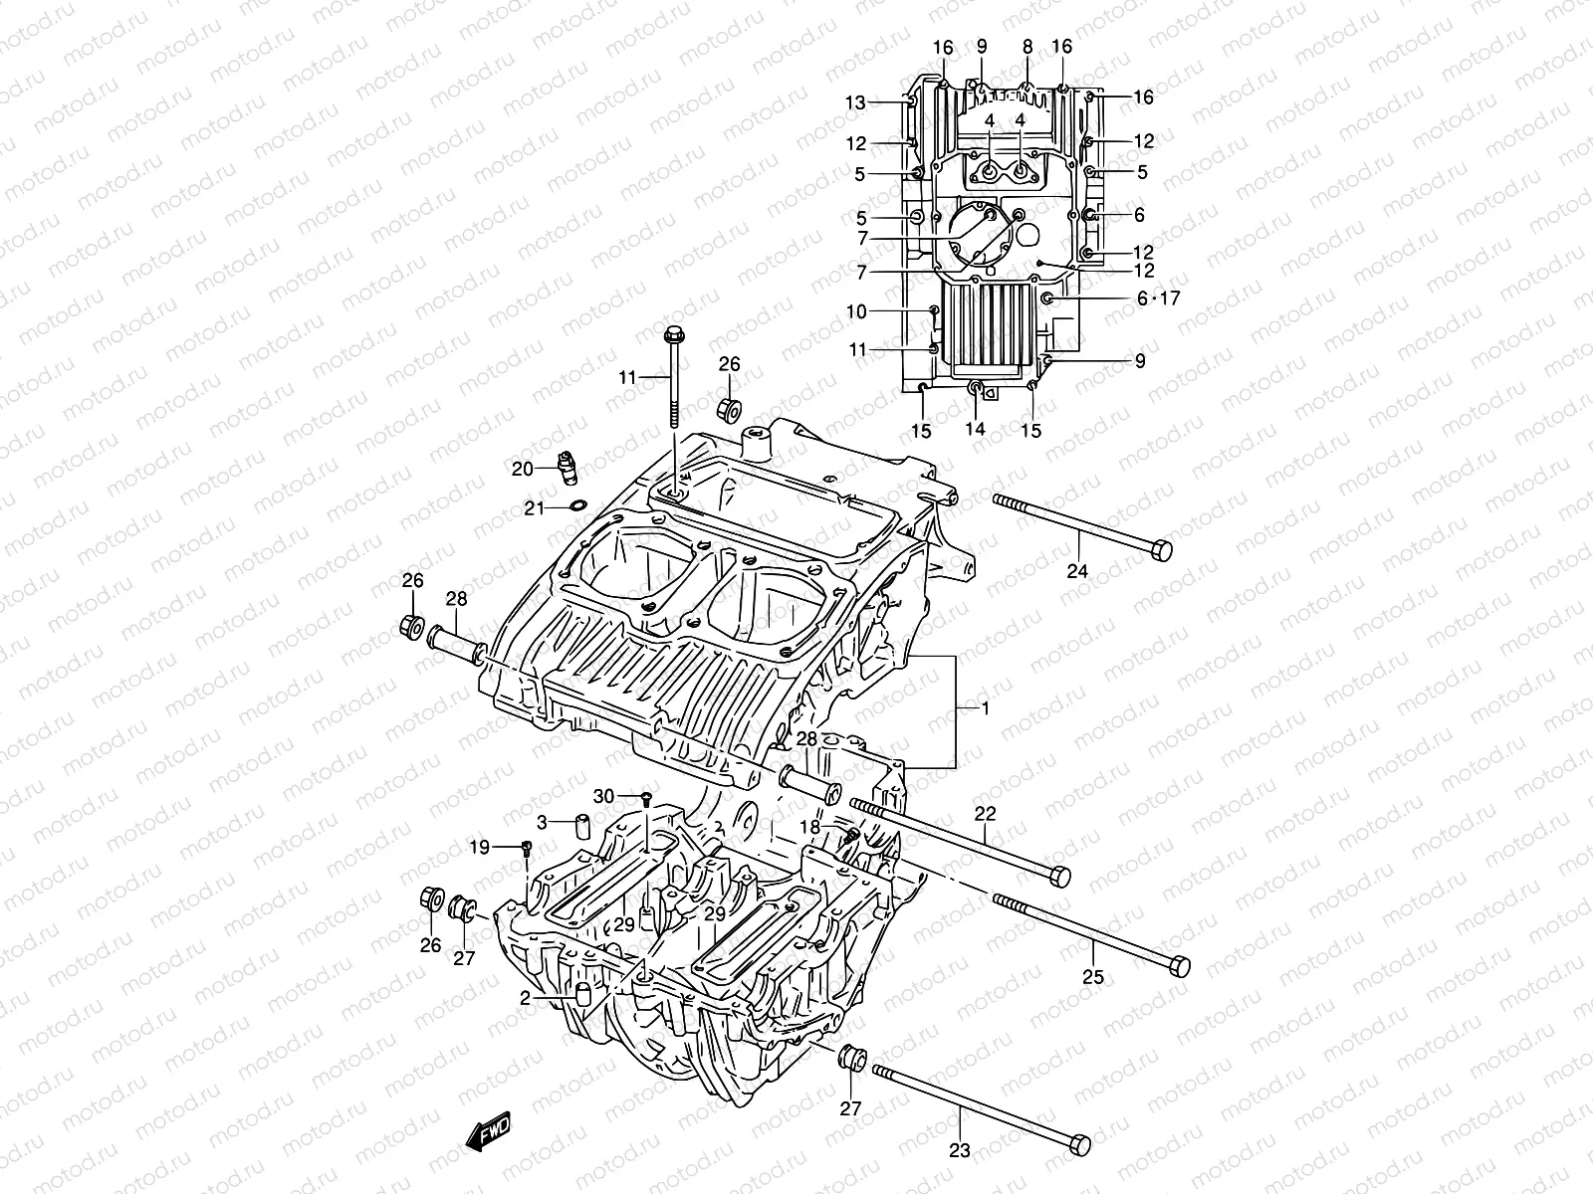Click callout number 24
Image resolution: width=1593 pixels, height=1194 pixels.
tap(1078, 571)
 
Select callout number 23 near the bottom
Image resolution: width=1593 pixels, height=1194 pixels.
tap(959, 1150)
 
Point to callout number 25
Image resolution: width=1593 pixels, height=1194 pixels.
tap(1093, 977)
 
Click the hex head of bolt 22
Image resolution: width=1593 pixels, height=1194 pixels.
tap(1060, 877)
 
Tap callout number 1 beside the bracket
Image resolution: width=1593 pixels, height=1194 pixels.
tap(985, 709)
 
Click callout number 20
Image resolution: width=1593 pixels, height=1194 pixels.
tap(523, 469)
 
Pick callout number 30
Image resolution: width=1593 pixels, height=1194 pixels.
tap(603, 796)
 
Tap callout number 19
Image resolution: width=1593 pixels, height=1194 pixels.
tap(480, 848)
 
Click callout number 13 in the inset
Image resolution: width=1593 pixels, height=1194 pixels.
tap(856, 102)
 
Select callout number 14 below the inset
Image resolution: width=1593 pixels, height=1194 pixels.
tap(975, 430)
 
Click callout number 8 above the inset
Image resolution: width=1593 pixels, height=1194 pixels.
tap(1028, 46)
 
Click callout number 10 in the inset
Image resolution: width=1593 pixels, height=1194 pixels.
tap(856, 312)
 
